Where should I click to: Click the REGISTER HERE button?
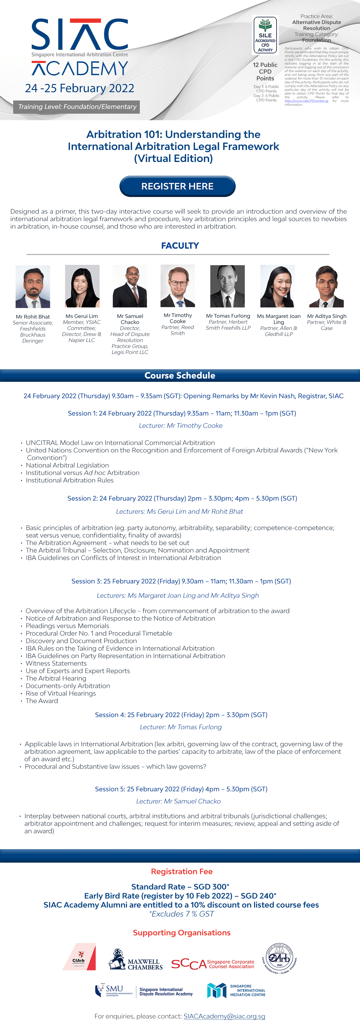(x=177, y=186)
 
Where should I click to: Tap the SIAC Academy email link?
(x=224, y=1016)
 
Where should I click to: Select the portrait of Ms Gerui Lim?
(x=82, y=286)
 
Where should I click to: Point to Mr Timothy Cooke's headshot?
(x=178, y=286)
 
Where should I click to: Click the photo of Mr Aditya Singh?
(x=326, y=286)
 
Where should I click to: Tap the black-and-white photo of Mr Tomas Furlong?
(x=228, y=286)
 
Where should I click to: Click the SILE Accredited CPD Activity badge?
(x=265, y=36)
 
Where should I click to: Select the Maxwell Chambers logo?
(x=136, y=960)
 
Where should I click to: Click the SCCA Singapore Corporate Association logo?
(x=213, y=964)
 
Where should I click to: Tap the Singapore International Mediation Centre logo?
(x=236, y=990)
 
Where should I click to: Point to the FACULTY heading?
(x=180, y=246)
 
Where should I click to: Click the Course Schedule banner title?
(x=180, y=376)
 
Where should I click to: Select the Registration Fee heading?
(x=181, y=872)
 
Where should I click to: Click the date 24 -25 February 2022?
(x=79, y=88)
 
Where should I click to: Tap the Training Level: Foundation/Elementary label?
(x=77, y=107)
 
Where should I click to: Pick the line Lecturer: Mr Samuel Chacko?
(x=178, y=801)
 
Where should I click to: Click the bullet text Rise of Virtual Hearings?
(x=61, y=693)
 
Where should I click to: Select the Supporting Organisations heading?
(x=181, y=933)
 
